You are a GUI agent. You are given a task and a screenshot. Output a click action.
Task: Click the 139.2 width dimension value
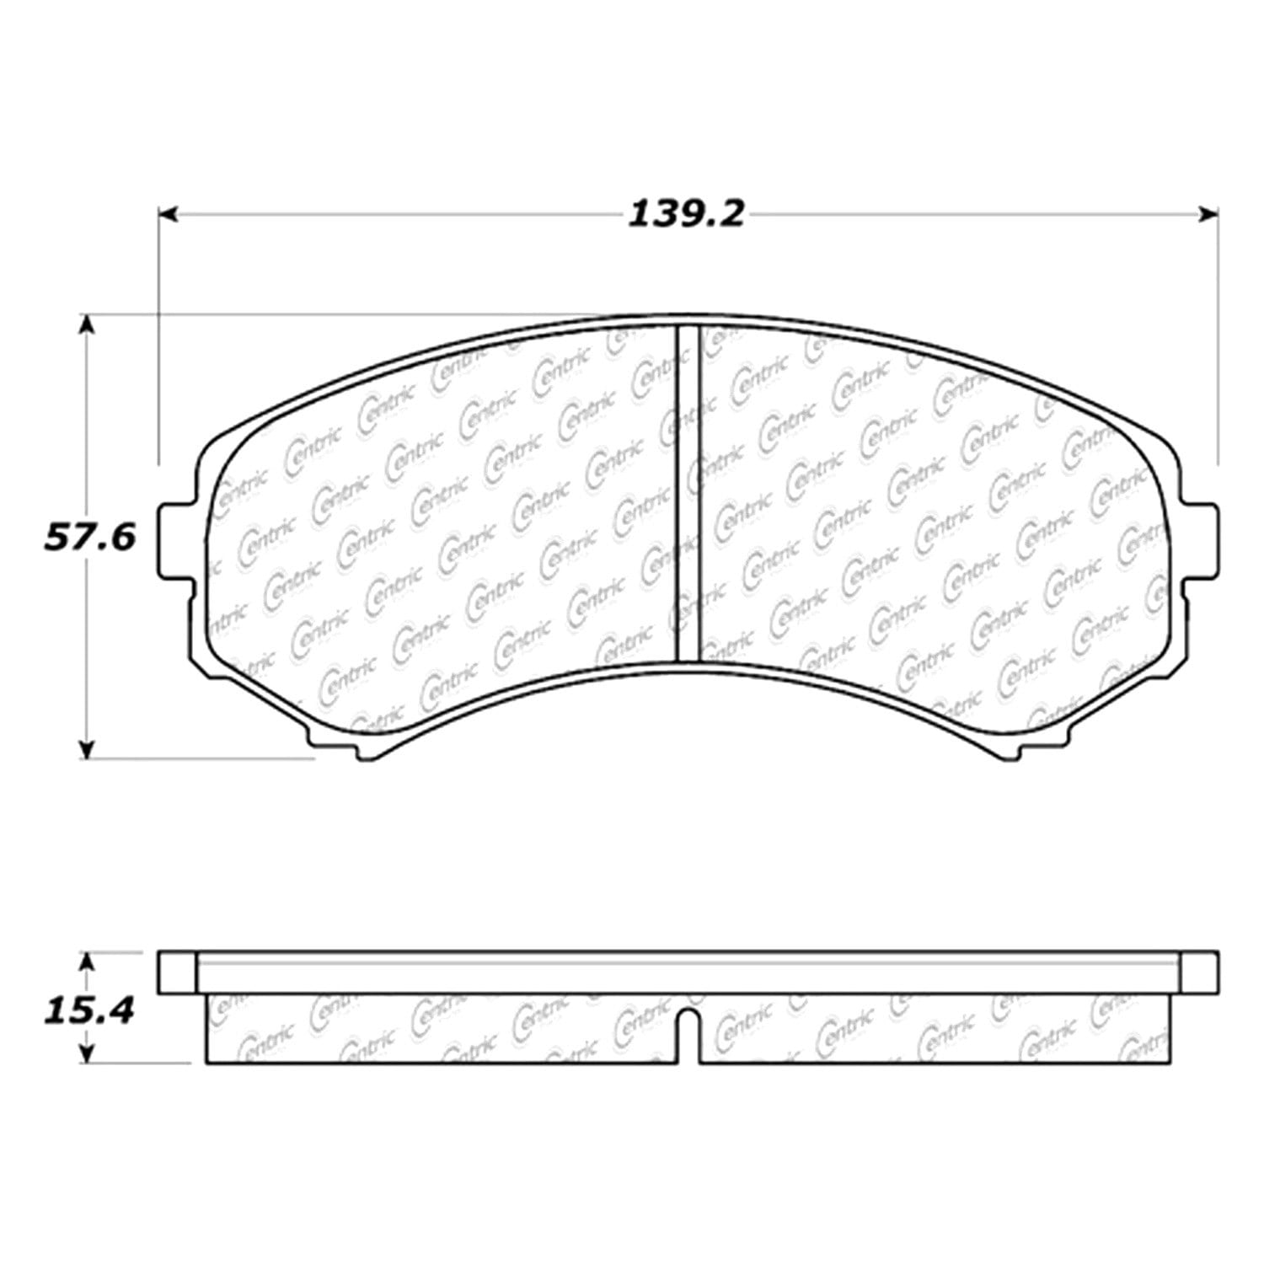687,215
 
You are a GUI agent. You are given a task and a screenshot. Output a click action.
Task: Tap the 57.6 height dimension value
89,536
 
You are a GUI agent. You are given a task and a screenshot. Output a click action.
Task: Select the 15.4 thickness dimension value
89,1009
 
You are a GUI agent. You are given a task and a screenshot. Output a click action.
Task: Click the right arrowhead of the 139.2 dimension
1209,215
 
